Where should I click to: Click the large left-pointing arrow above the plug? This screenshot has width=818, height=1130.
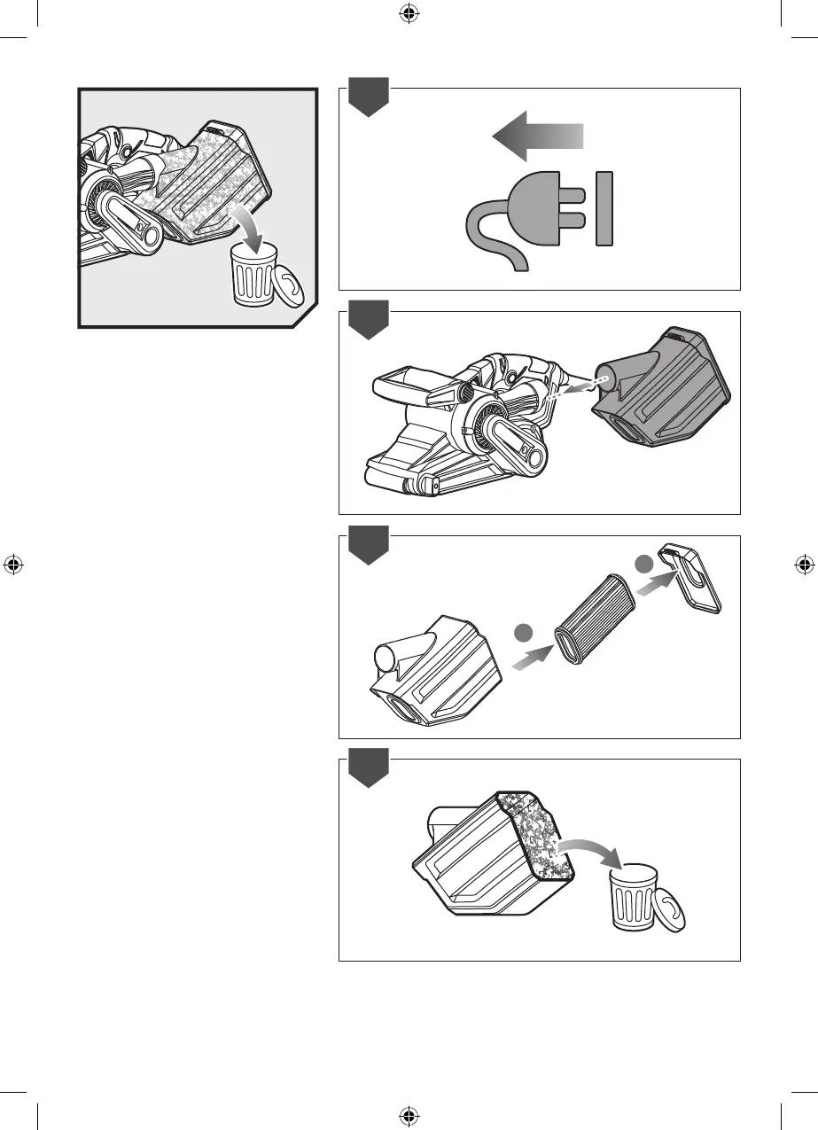pyautogui.click(x=536, y=136)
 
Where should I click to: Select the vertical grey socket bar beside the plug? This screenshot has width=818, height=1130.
pyautogui.click(x=604, y=208)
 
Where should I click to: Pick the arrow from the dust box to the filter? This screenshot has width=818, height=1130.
pyautogui.click(x=530, y=656)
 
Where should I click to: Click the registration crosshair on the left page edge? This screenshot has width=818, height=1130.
pyautogui.click(x=12, y=565)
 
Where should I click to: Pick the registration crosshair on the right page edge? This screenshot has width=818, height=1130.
pyautogui.click(x=804, y=565)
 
